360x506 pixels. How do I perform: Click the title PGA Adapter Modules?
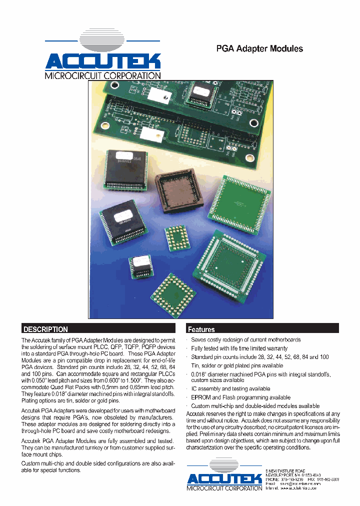[259, 48]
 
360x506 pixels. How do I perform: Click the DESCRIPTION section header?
[45, 329]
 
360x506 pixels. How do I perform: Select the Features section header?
[201, 329]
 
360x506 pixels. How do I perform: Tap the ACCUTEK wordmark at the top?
[103, 61]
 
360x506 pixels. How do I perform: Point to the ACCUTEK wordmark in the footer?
[224, 479]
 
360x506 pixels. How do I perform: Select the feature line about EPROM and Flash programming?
[233, 397]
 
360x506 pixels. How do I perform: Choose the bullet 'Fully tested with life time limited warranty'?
[239, 348]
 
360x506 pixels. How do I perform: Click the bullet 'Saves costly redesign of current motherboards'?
[245, 339]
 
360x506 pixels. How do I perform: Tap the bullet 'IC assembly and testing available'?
[230, 388]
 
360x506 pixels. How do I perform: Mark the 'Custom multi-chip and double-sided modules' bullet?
[255, 406]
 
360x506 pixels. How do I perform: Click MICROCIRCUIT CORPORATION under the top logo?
[103, 75]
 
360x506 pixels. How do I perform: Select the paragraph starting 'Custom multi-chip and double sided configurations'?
[98, 467]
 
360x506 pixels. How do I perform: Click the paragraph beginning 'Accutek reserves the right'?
[263, 430]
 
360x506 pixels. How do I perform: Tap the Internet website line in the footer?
[291, 488]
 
